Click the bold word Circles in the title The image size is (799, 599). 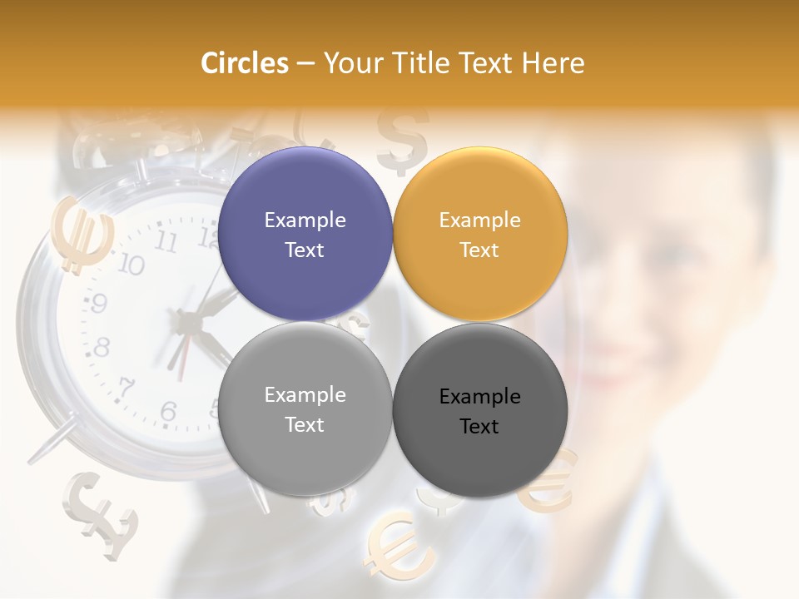(245, 63)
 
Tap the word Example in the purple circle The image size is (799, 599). (305, 220)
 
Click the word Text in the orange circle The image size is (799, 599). (479, 250)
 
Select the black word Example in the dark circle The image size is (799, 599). (479, 397)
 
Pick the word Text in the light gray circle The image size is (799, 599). (305, 424)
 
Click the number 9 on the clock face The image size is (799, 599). (98, 304)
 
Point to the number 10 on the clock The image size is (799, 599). (130, 265)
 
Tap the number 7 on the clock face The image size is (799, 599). (127, 388)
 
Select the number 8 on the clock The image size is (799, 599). (102, 347)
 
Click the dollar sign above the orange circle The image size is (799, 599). (402, 137)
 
